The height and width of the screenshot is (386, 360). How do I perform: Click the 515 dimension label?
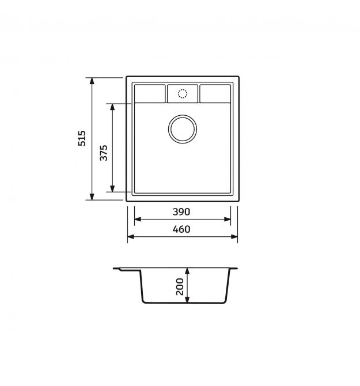(x=82, y=138)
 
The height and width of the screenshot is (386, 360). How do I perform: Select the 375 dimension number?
(x=104, y=153)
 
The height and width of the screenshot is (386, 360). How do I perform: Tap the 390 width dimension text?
(x=181, y=211)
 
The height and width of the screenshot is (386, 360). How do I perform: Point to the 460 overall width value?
(x=181, y=229)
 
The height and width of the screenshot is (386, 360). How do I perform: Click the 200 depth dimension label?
(x=180, y=286)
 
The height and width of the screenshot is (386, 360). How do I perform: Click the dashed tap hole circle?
(x=183, y=94)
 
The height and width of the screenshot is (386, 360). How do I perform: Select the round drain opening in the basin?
(x=183, y=129)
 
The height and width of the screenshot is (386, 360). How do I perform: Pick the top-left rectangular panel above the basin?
(x=150, y=93)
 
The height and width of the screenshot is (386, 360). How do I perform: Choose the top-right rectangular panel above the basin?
(x=215, y=93)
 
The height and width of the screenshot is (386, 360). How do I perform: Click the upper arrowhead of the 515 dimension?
(x=92, y=81)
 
